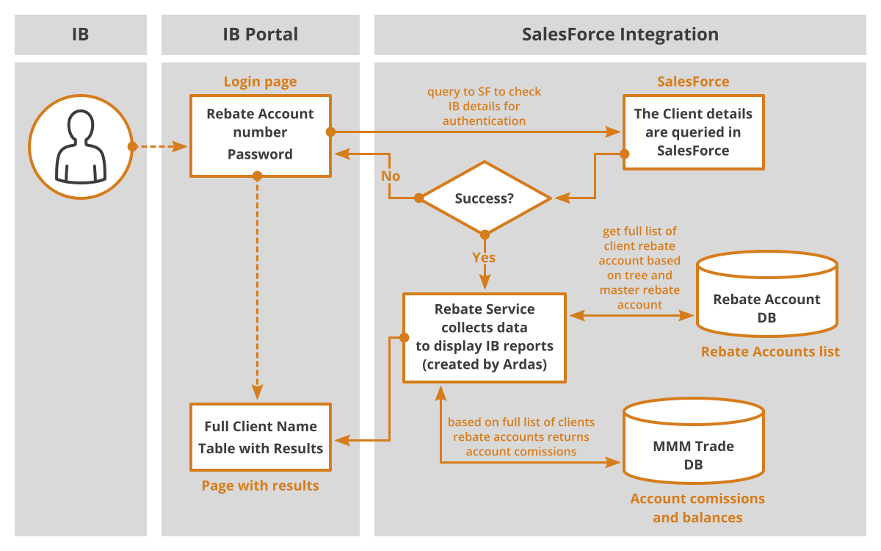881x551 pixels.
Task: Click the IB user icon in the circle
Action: click(x=81, y=146)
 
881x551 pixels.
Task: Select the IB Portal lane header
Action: click(x=261, y=35)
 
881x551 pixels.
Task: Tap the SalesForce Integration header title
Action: click(x=620, y=35)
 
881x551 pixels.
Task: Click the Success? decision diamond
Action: click(x=485, y=198)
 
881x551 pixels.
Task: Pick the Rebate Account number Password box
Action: click(x=261, y=136)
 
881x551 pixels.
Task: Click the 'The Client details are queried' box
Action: click(x=693, y=132)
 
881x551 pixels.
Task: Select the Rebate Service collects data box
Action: click(x=485, y=337)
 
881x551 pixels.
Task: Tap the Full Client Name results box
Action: click(x=261, y=437)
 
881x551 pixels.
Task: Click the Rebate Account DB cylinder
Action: click(x=767, y=294)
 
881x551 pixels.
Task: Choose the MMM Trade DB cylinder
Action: click(x=693, y=441)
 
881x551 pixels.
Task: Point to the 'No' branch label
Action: click(x=391, y=176)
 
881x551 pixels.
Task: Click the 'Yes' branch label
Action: click(x=484, y=257)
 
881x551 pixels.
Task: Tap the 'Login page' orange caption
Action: click(x=261, y=82)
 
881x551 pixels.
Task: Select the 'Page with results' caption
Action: click(x=261, y=486)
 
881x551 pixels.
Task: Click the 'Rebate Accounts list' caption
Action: click(x=770, y=351)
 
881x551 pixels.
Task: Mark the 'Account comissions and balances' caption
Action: click(x=697, y=508)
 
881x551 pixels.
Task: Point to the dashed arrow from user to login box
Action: click(x=160, y=146)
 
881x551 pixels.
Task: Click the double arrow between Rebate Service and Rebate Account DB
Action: click(x=631, y=315)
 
